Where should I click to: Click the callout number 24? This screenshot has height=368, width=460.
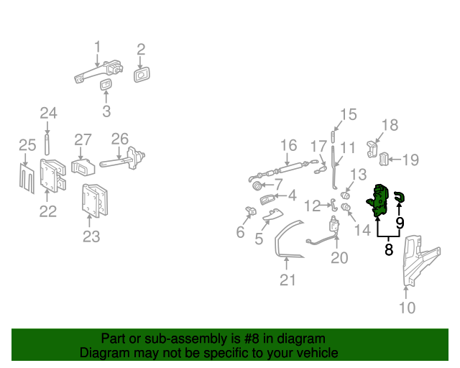tap(48, 113)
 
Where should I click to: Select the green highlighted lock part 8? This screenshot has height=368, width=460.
tap(379, 201)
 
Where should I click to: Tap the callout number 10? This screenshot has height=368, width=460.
tap(408, 308)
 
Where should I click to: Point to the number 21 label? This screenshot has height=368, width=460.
tap(287, 280)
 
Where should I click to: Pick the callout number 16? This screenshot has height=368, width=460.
tap(288, 146)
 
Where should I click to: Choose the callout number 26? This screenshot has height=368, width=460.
tap(119, 139)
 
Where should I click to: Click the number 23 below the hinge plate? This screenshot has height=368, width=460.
tap(91, 236)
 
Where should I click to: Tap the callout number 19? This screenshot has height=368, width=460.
tap(410, 160)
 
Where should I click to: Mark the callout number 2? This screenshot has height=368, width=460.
tap(141, 50)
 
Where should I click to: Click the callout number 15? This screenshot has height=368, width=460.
tap(348, 114)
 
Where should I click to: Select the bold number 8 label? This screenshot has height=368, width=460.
tap(389, 250)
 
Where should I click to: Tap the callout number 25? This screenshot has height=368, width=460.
tap(27, 146)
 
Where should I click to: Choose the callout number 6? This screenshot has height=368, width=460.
tap(240, 231)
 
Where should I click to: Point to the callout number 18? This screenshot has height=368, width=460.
tap(389, 126)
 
